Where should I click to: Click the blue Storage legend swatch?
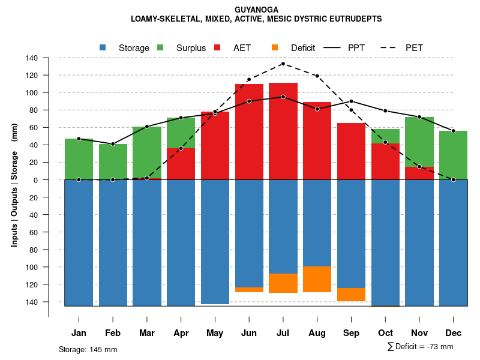(x=103, y=47)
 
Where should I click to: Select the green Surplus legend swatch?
(x=160, y=47)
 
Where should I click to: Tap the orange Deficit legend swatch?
(x=275, y=47)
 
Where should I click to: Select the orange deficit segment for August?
(x=317, y=279)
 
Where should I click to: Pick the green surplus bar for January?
(x=79, y=159)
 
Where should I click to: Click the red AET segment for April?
(x=181, y=164)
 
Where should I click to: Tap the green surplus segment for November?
(x=419, y=142)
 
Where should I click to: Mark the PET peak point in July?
(x=283, y=64)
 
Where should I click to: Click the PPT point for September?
(x=351, y=101)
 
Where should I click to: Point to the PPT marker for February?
(x=113, y=144)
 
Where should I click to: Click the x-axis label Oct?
(x=385, y=333)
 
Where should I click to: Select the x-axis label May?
(x=215, y=333)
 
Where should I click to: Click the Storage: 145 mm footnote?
(x=88, y=349)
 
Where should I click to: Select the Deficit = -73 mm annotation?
(x=420, y=347)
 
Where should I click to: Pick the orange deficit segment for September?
(x=351, y=295)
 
